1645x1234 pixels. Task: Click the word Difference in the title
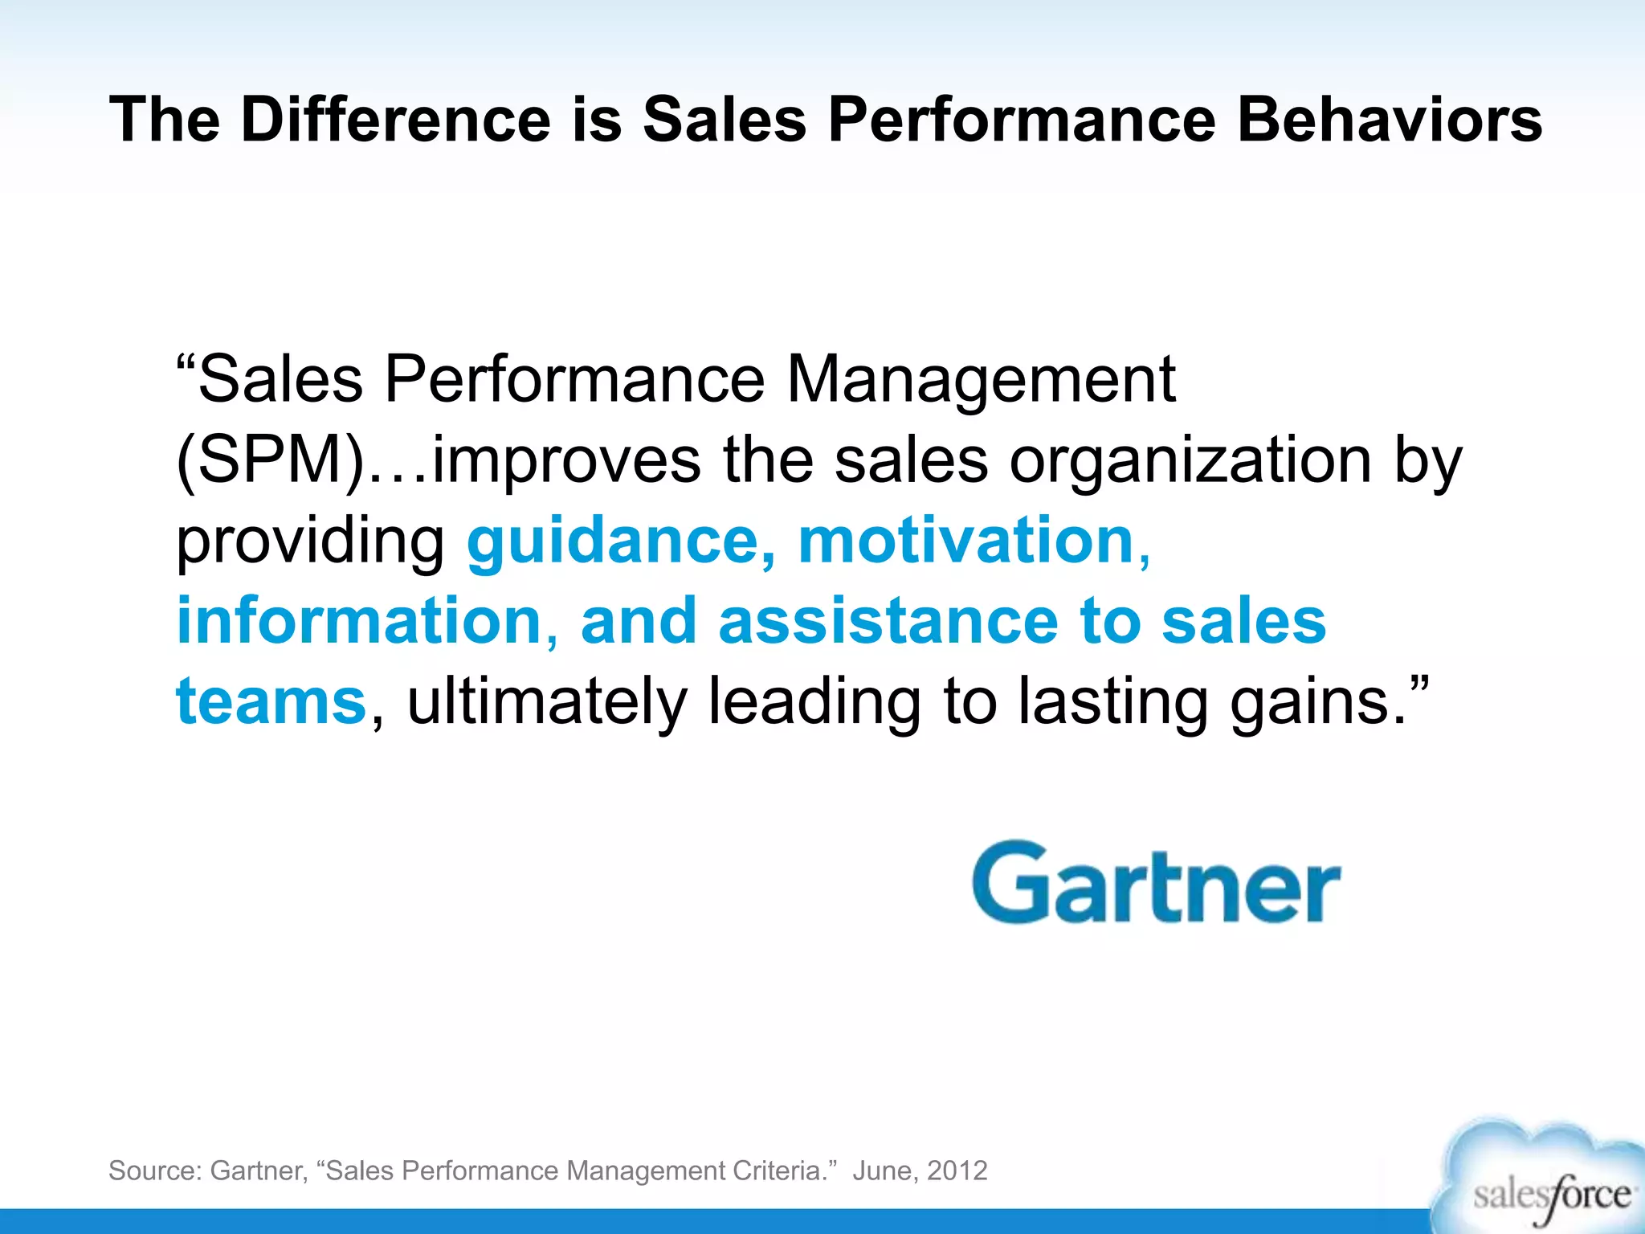pyautogui.click(x=395, y=120)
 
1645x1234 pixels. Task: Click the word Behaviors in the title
pyautogui.click(x=1389, y=120)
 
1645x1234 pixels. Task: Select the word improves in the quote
pyautogui.click(x=566, y=461)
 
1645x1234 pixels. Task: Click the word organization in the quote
pyautogui.click(x=1190, y=461)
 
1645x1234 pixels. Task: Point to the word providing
pyautogui.click(x=310, y=542)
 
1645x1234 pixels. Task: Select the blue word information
pyautogui.click(x=358, y=621)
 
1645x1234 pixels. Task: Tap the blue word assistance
pyautogui.click(x=888, y=621)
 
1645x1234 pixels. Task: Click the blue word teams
pyautogui.click(x=271, y=701)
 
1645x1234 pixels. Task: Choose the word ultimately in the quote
pyautogui.click(x=547, y=701)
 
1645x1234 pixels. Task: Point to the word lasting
pyautogui.click(x=1112, y=703)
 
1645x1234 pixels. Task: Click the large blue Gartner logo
pyautogui.click(x=1156, y=884)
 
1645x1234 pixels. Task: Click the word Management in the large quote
pyautogui.click(x=980, y=380)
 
